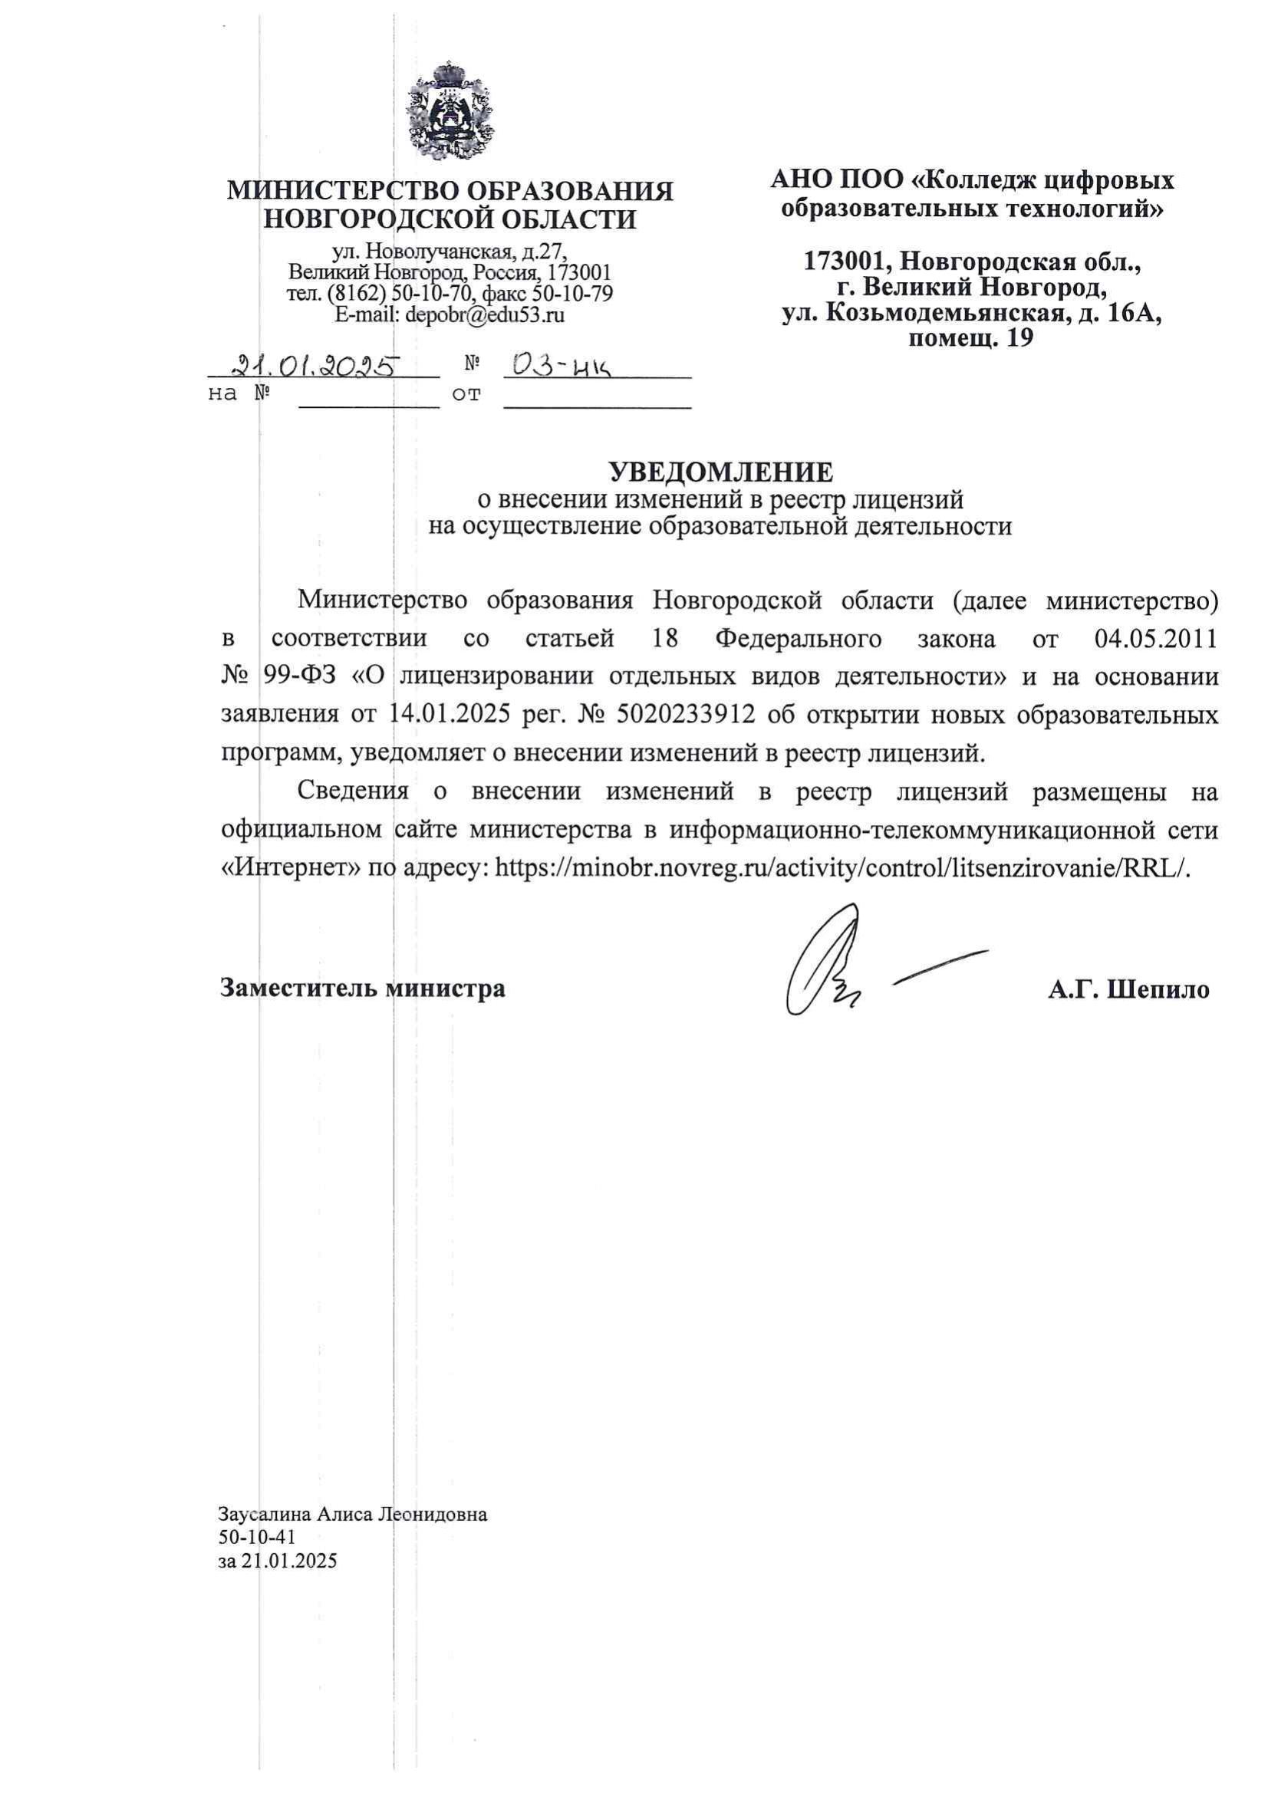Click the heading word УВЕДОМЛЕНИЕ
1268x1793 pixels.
pyautogui.click(x=721, y=472)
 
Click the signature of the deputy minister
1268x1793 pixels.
pyautogui.click(x=828, y=962)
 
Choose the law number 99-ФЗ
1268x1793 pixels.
pyautogui.click(x=300, y=676)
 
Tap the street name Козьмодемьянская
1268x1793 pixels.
pyautogui.click(x=944, y=314)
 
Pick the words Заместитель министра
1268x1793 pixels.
pyautogui.click(x=363, y=989)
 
